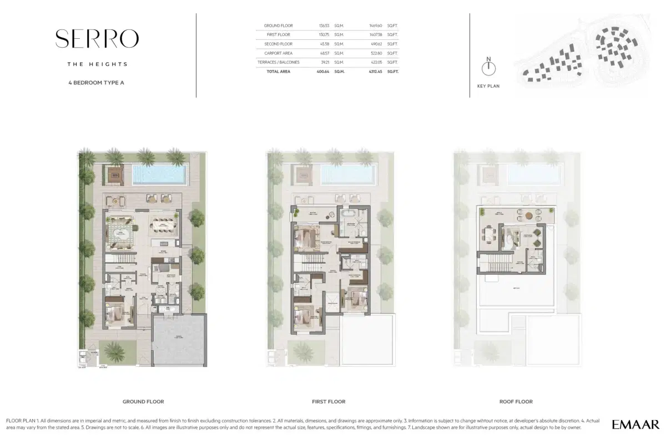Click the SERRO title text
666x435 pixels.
click(97, 38)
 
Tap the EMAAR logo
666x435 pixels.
click(635, 424)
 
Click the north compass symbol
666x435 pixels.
click(488, 68)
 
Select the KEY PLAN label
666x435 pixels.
click(488, 86)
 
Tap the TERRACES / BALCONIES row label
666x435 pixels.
click(282, 62)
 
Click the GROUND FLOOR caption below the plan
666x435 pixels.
click(143, 402)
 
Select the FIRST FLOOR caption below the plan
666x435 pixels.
click(329, 402)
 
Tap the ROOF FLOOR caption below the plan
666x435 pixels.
click(516, 402)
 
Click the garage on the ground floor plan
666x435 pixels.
click(178, 341)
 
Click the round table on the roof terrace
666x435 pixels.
click(528, 216)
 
